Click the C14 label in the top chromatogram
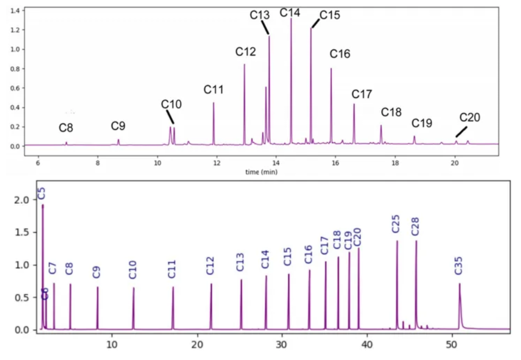pyautogui.click(x=290, y=12)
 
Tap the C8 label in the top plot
pyautogui.click(x=66, y=128)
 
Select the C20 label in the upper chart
pyautogui.click(x=470, y=118)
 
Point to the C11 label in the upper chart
pyautogui.click(x=213, y=90)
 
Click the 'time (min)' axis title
pyautogui.click(x=261, y=172)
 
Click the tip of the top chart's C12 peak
pyautogui.click(x=244, y=64)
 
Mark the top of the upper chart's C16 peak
pyautogui.click(x=331, y=69)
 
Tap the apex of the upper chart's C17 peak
pyautogui.click(x=354, y=104)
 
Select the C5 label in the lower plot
pyautogui.click(x=42, y=193)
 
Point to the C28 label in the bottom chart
pyautogui.click(x=415, y=227)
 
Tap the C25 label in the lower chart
pyautogui.click(x=396, y=224)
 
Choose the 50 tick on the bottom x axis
pyautogui.click(x=452, y=345)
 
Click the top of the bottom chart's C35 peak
pyautogui.click(x=460, y=284)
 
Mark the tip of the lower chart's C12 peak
pyautogui.click(x=211, y=284)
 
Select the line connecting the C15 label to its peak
pyautogui.click(x=315, y=23)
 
